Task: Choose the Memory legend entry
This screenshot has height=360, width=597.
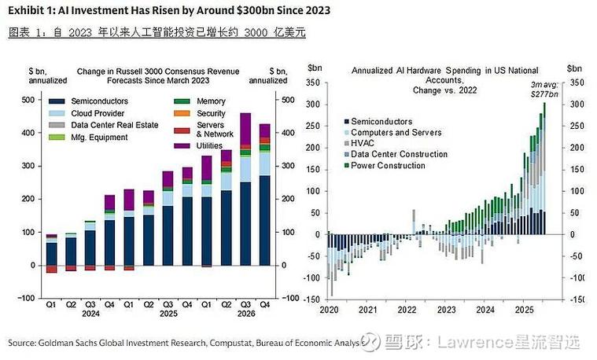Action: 211,101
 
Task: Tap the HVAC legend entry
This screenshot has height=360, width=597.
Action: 362,143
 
